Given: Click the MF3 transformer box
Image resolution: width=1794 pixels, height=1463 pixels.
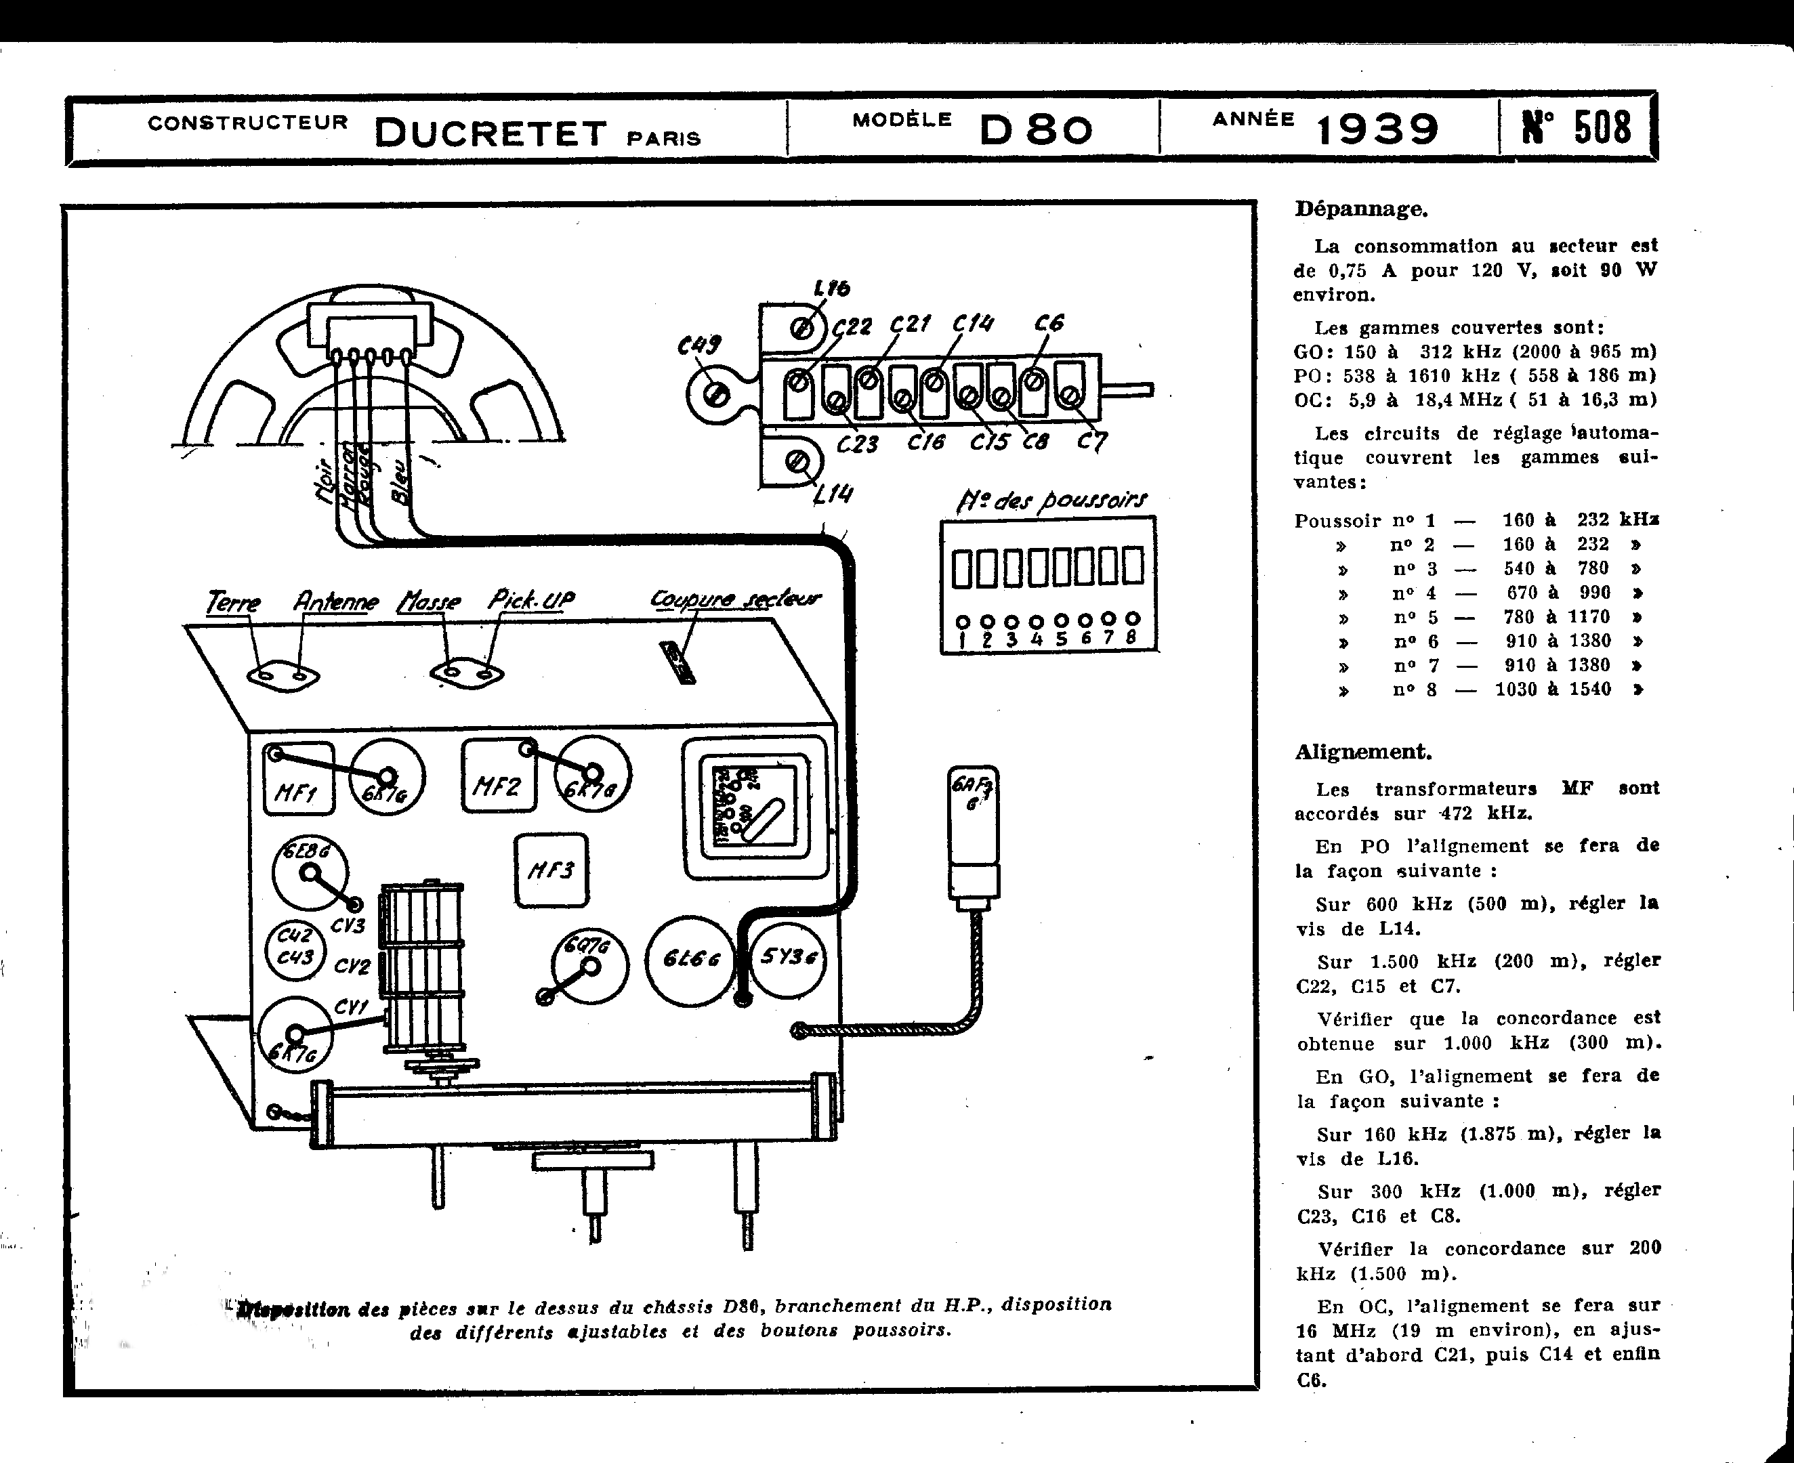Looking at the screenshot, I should (551, 870).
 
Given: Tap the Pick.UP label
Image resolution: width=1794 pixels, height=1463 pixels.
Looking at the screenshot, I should (531, 600).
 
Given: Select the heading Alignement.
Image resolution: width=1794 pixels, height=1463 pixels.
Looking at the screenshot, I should (1362, 752).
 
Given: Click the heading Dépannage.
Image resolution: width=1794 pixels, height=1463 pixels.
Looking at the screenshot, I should (1360, 209).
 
